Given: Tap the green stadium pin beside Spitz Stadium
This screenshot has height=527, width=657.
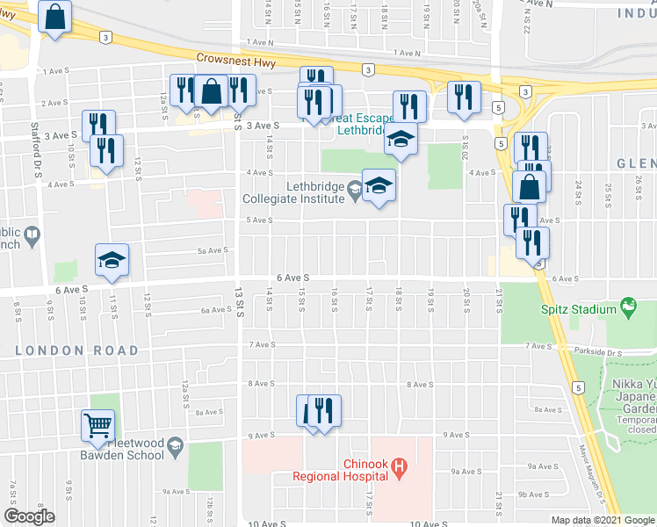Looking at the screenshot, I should tap(627, 308).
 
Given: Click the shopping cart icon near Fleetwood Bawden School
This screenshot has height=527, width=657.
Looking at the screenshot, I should tap(98, 426).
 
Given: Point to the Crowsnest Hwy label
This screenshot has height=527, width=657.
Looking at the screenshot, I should tap(231, 58).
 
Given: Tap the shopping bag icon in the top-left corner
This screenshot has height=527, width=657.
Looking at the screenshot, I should tap(54, 17).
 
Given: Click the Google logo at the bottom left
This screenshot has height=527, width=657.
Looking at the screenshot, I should tap(29, 516).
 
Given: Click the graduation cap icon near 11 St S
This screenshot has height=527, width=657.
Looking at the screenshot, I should tap(113, 260).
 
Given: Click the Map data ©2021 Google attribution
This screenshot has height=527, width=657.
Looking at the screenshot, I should tap(602, 520).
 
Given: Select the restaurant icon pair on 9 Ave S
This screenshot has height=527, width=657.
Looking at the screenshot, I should tap(317, 411).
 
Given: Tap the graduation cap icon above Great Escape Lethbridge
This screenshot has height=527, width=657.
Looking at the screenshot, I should tap(401, 139).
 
